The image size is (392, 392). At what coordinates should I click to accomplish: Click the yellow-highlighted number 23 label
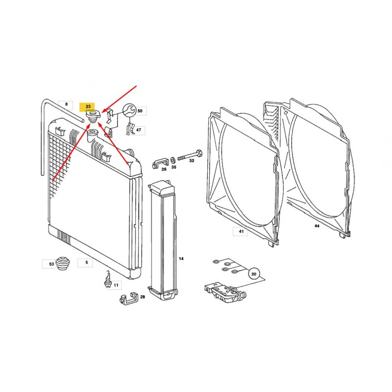(88, 107)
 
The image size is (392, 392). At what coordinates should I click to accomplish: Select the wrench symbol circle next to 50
(129, 111)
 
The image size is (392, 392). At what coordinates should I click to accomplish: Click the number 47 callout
(139, 130)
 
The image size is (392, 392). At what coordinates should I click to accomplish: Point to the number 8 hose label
(66, 104)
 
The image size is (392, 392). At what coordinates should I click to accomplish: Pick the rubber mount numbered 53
(63, 263)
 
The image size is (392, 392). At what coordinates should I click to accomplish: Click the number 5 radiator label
(87, 262)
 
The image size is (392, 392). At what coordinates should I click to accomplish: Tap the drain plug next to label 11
(107, 279)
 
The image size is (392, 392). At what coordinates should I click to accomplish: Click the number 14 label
(181, 259)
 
